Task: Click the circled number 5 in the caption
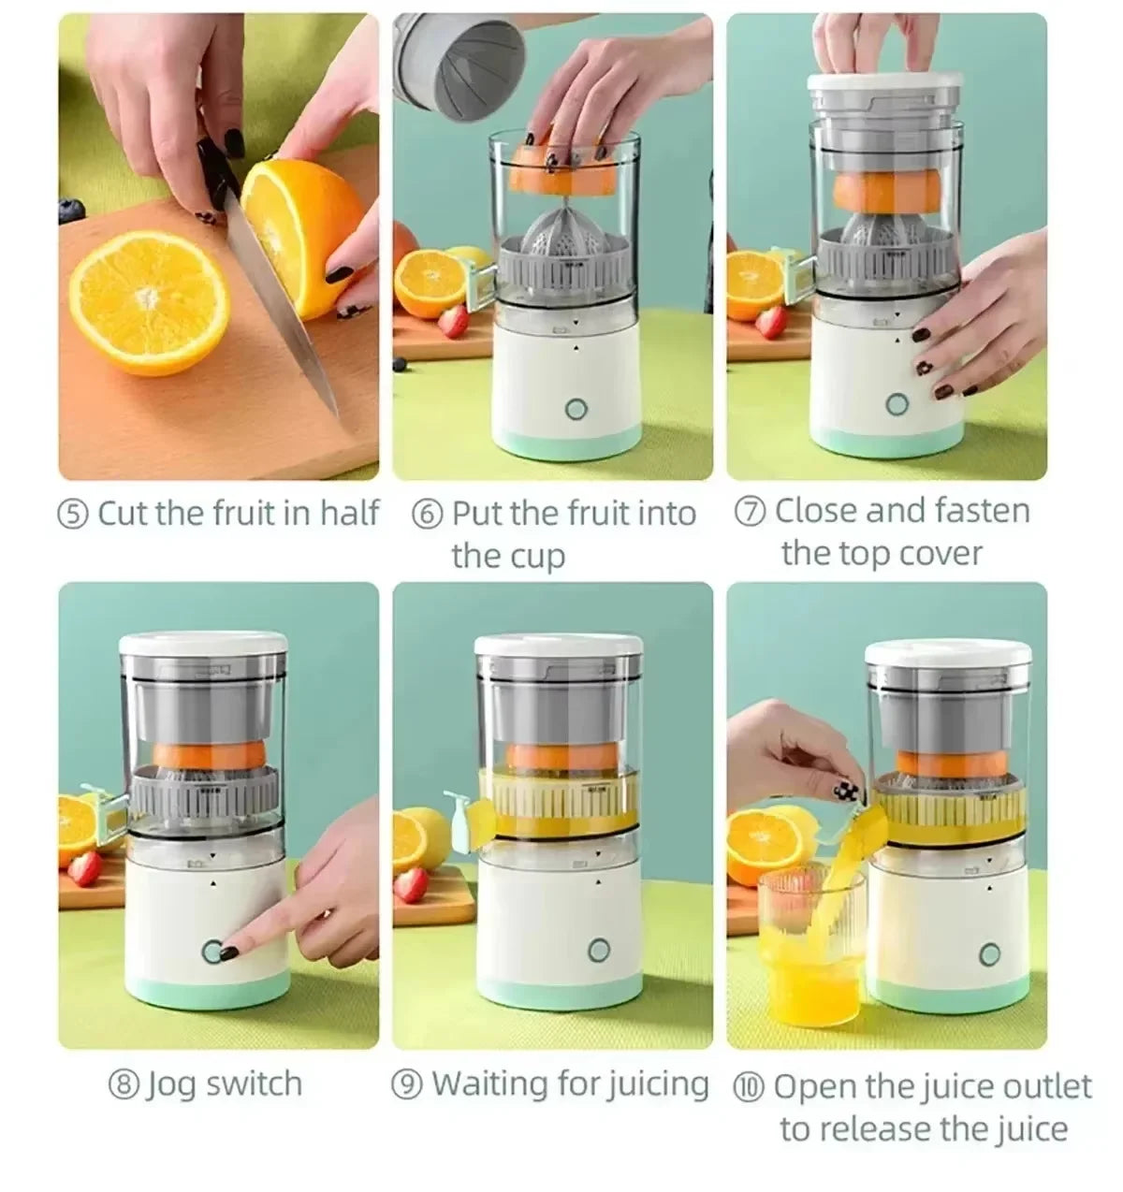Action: (73, 515)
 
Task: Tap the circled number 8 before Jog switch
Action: (124, 1086)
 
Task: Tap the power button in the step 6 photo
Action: (576, 409)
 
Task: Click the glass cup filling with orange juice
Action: (807, 945)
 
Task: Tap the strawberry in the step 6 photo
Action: (454, 320)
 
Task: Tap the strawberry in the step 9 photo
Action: (409, 883)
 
